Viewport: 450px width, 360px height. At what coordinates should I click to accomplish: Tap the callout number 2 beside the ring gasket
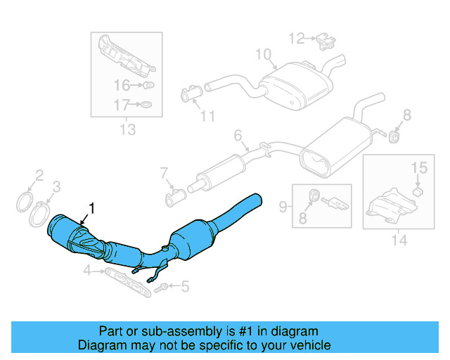tap(40, 175)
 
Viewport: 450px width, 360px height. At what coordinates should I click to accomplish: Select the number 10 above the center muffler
tap(262, 54)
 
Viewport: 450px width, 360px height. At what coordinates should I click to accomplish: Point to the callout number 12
tap(297, 37)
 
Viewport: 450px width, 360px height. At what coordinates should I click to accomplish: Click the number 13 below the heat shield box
tap(127, 129)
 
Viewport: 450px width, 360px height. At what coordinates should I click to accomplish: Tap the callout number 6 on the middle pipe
tap(238, 134)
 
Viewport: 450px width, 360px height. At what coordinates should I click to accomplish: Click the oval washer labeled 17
tap(146, 106)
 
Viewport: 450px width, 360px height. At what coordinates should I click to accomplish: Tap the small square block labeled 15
tap(418, 190)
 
